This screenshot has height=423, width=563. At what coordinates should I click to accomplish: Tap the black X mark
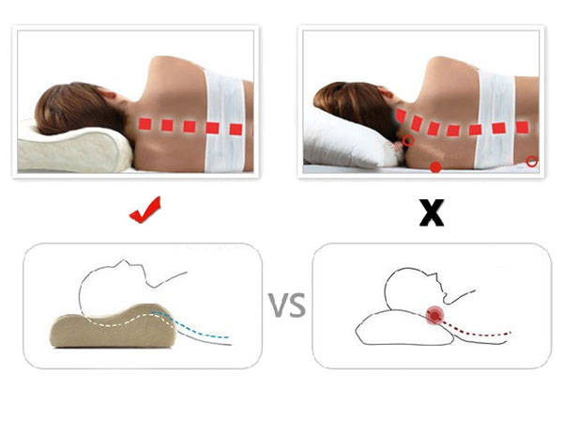[431, 213]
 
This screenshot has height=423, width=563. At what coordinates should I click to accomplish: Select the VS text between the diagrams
[288, 306]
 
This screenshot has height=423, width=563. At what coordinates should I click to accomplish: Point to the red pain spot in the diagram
[434, 316]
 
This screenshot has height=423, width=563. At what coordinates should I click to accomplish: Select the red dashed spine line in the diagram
[479, 331]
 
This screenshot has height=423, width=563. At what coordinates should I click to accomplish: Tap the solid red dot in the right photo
[435, 167]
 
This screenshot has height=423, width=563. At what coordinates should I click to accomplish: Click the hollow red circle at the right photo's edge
[532, 162]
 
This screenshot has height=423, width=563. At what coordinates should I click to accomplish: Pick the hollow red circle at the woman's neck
[408, 142]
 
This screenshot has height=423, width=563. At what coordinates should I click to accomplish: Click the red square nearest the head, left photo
[145, 124]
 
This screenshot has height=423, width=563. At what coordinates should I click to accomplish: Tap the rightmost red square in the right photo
[522, 127]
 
